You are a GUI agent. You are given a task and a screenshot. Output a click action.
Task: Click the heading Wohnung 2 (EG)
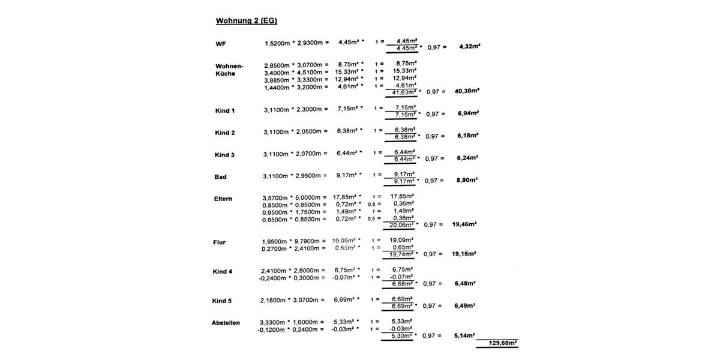click(x=246, y=21)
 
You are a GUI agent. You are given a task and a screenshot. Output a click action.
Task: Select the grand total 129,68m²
click(x=503, y=344)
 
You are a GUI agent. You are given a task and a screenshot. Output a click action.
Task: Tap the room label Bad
click(x=220, y=177)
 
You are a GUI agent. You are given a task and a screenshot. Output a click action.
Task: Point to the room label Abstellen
click(x=226, y=323)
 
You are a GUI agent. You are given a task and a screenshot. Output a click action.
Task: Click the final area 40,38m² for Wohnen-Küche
click(x=467, y=91)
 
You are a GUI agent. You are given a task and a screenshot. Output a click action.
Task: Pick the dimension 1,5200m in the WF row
click(x=278, y=43)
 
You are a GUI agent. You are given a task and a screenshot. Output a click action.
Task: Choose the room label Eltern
click(x=223, y=199)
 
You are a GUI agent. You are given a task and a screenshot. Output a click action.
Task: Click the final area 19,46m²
click(x=464, y=224)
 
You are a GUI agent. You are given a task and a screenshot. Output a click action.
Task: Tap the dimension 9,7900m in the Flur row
click(x=310, y=242)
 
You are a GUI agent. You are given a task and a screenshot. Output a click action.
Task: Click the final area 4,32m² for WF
click(x=469, y=46)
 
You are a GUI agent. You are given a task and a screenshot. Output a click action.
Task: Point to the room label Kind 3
click(x=224, y=155)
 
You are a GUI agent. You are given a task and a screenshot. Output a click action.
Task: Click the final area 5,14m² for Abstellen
click(x=464, y=336)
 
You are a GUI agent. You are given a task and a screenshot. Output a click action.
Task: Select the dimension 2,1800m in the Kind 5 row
click(x=273, y=300)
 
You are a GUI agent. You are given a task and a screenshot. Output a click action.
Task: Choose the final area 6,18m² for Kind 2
click(x=468, y=136)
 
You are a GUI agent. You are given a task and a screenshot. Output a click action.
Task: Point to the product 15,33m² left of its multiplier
click(x=346, y=72)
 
